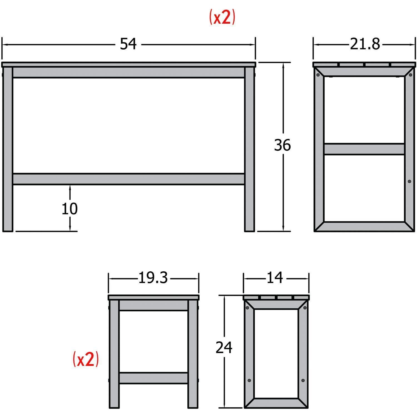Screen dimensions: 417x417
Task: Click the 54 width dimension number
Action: pos(128,44)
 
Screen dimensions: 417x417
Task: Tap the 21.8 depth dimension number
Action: pos(365,44)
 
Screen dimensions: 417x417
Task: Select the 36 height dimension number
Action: pos(282,145)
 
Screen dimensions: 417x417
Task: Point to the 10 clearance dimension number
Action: pos(69,209)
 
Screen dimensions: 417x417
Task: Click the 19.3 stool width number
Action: pos(153,278)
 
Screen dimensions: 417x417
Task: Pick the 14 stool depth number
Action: pos(275,278)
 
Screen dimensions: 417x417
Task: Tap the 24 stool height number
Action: pos(224,348)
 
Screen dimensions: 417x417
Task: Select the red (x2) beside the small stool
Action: pos(86,359)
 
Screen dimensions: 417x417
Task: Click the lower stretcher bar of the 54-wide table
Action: pos(128,179)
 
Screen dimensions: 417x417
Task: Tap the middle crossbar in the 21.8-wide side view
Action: pos(364,149)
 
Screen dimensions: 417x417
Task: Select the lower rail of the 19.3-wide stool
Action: pos(153,378)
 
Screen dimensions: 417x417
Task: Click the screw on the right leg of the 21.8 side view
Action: pos(409,182)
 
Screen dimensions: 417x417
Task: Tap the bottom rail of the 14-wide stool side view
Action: pos(276,403)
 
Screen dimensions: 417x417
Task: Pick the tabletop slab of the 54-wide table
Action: pos(128,64)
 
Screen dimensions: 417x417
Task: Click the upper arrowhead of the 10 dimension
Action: pos(70,188)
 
